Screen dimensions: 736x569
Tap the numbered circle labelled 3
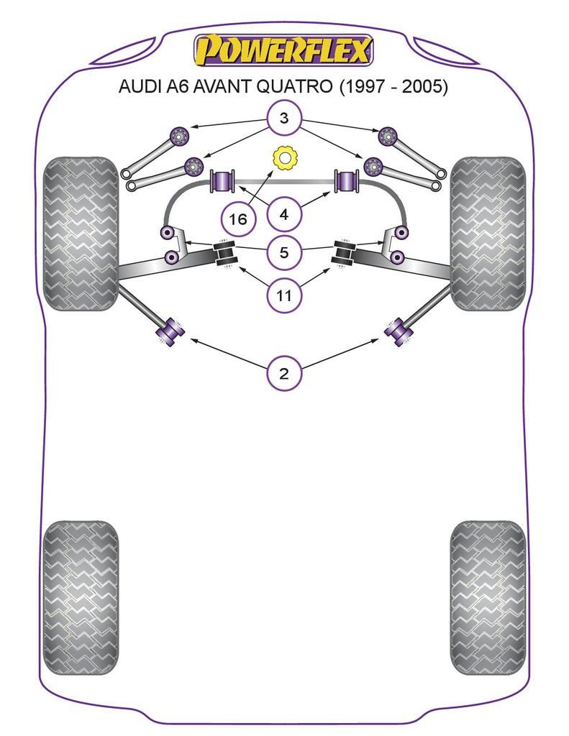point(284,119)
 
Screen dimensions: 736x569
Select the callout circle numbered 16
point(238,219)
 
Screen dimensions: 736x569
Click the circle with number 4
point(284,213)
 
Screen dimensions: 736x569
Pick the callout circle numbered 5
point(284,252)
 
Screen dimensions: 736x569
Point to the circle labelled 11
point(284,295)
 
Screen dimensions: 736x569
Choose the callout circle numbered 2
point(284,373)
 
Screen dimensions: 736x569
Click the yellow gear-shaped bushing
point(285,157)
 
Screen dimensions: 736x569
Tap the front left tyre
point(80,233)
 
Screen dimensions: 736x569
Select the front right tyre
point(488,233)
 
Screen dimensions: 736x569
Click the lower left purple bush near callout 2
point(172,331)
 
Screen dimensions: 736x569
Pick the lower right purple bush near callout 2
point(397,331)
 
